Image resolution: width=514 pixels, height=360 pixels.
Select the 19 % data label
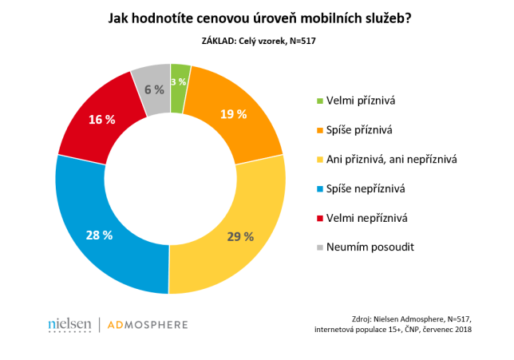pos(233,113)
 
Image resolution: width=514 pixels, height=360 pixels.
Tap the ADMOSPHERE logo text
pos(148,325)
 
